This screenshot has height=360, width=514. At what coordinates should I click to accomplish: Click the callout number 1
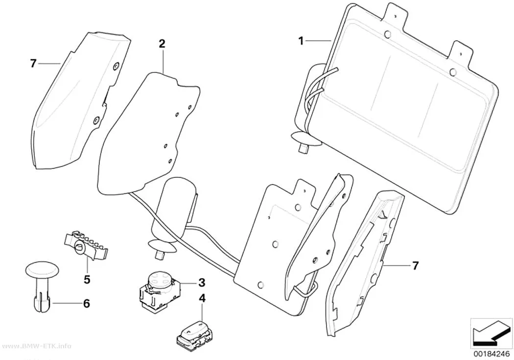coord(301,41)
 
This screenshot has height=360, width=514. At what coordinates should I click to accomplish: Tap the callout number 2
coord(162,44)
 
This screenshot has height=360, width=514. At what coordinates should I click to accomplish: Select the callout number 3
coord(201,282)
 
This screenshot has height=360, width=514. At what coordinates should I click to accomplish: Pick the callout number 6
coord(86,304)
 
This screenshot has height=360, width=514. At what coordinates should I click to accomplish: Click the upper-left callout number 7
coord(33,63)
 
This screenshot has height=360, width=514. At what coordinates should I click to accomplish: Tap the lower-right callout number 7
coord(415,265)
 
